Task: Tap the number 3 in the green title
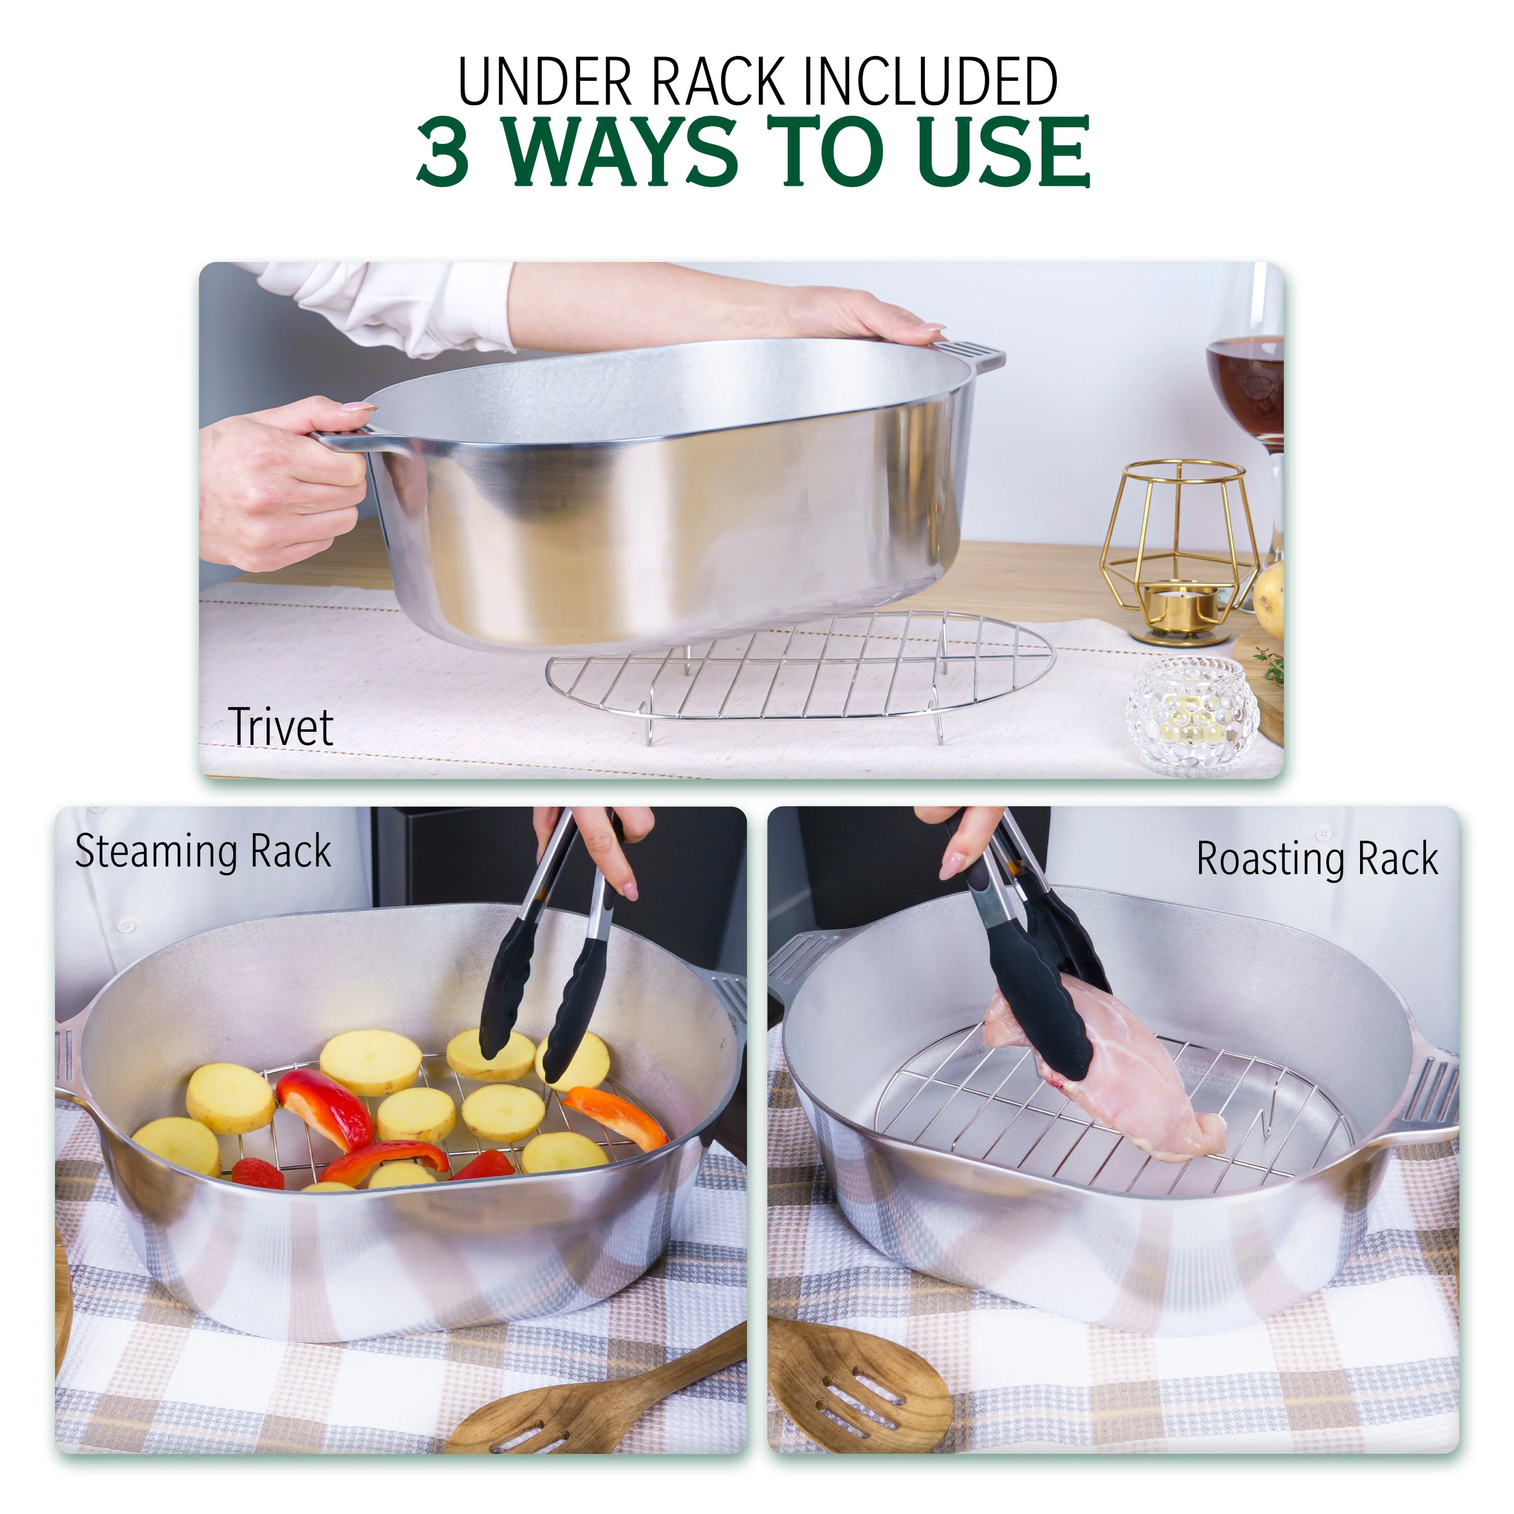(444, 152)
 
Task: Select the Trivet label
(281, 727)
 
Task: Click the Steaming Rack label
(203, 852)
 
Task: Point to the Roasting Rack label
(1317, 859)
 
